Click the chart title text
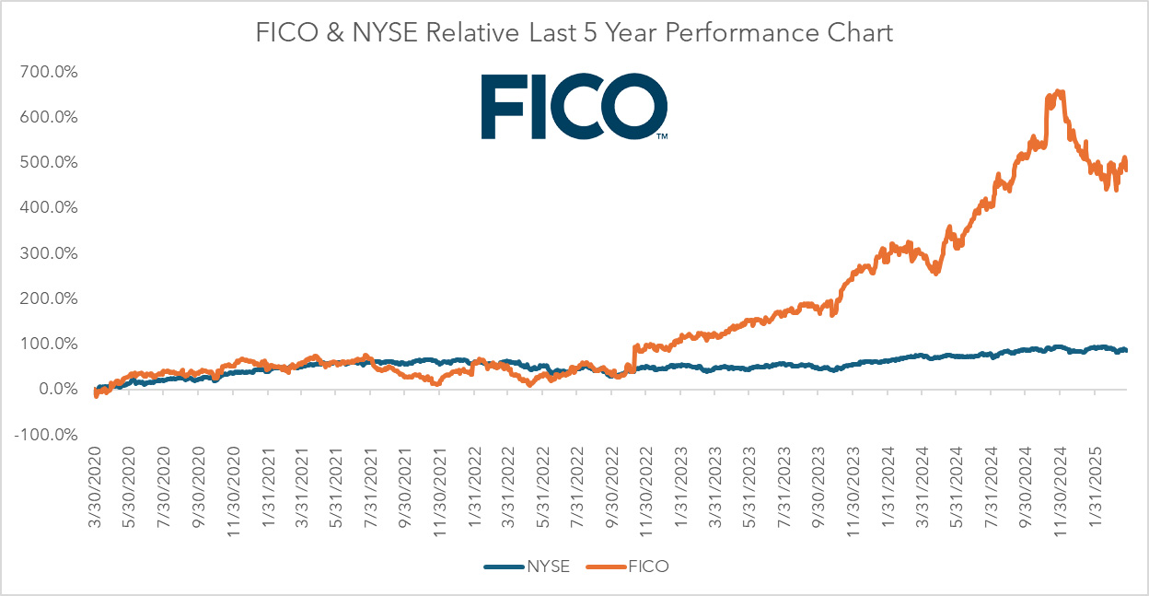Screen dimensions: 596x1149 [574, 33]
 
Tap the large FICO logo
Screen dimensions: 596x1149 [574, 108]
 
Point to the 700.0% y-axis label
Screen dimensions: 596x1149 [45, 72]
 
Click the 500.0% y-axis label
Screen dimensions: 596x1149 [45, 162]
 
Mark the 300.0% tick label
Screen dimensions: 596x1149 [45, 253]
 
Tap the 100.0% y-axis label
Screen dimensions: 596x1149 [45, 345]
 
